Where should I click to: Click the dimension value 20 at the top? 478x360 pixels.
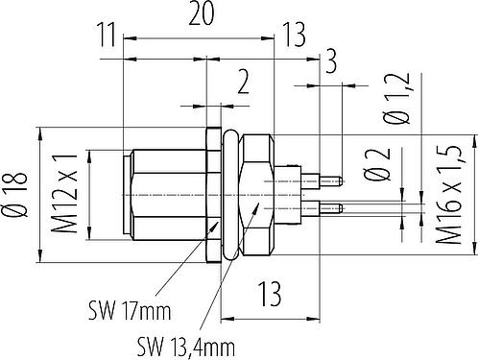tap(201, 13)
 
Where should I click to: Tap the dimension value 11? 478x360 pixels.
tap(107, 36)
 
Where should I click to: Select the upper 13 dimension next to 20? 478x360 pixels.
tap(294, 35)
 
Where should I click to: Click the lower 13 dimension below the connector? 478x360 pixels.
tap(270, 294)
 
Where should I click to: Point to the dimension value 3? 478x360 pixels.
tap(331, 61)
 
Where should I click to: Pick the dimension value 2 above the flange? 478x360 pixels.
tap(243, 83)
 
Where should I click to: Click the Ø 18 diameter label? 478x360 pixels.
tap(14, 195)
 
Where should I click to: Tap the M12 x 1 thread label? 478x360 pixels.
tap(65, 193)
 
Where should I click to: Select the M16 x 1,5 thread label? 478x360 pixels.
tap(449, 195)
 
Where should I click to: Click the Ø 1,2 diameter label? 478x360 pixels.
tap(396, 99)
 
